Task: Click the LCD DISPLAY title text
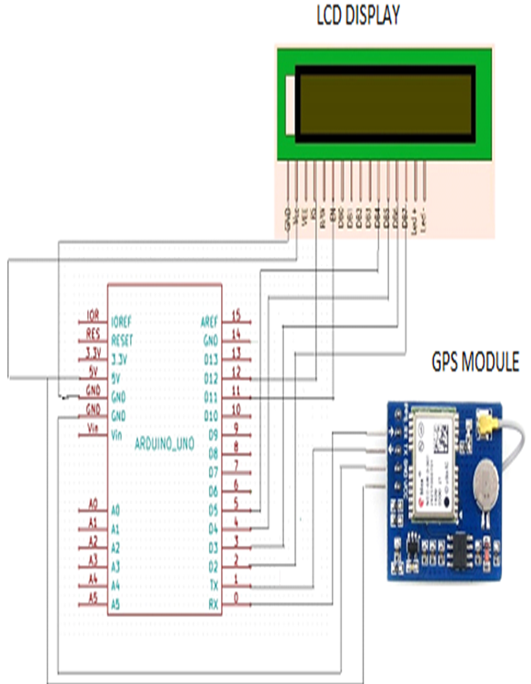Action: [x=357, y=17]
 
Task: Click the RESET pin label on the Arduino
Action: [x=123, y=340]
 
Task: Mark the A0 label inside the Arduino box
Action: [x=115, y=506]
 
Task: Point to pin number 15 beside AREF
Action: [x=236, y=315]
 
